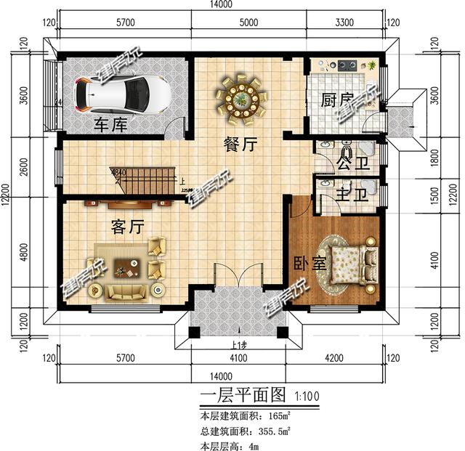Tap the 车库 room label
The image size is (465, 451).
point(110,125)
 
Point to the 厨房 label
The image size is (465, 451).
point(337,100)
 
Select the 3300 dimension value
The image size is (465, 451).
point(344,23)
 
